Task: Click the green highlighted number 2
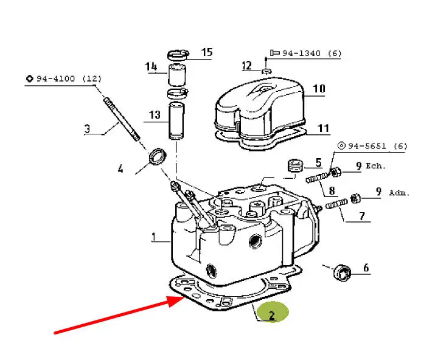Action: pos(271,316)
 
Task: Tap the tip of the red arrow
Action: pos(185,297)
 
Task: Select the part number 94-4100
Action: pos(56,78)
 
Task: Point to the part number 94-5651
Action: pos(367,145)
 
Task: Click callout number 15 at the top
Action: pos(207,52)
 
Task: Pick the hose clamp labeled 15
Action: pos(178,54)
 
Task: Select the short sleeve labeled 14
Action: pos(177,75)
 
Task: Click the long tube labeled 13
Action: pos(176,120)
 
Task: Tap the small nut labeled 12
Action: pos(266,71)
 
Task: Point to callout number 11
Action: pos(323,128)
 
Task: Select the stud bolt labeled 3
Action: pos(122,119)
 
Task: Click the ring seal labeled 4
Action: pos(158,156)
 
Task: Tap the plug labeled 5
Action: pos(295,165)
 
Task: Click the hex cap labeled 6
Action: pos(342,272)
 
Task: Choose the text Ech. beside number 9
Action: pos(375,166)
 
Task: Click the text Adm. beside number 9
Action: pos(399,193)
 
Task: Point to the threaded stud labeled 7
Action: pos(336,204)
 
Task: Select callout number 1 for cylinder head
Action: pos(153,237)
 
